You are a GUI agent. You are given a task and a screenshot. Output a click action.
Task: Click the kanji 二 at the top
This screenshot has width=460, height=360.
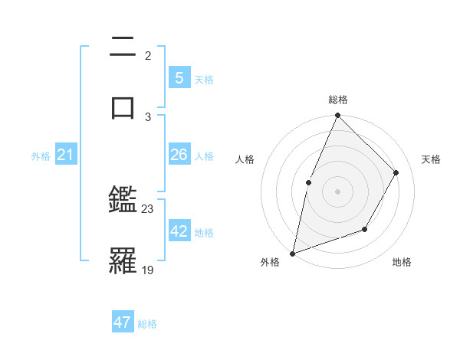tap(123, 47)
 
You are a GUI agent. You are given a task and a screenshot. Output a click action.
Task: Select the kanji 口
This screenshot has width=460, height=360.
tap(123, 106)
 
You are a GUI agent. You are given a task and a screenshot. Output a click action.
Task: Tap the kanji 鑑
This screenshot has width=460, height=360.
tap(123, 201)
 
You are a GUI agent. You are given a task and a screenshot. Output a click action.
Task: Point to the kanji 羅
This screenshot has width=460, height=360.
tap(123, 260)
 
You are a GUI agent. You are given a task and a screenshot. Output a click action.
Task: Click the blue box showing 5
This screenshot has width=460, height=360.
tap(179, 78)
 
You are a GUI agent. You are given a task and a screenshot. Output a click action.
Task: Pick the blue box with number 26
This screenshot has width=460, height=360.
tap(179, 155)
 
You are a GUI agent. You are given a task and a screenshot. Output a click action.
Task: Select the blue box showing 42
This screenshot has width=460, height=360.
tap(179, 231)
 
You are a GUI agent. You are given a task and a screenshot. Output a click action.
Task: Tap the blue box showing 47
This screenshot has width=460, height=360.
tap(123, 322)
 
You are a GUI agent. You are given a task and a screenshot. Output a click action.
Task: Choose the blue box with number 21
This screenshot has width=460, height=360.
tap(65, 155)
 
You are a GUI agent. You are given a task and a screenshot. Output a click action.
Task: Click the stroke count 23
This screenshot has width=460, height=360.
tap(148, 209)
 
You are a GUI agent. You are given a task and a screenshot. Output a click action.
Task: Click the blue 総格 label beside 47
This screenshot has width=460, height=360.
tap(147, 324)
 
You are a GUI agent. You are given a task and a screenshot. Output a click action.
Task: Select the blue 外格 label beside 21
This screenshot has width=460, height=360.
tap(41, 156)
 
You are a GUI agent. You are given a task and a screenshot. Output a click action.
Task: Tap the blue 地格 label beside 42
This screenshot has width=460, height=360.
tap(204, 233)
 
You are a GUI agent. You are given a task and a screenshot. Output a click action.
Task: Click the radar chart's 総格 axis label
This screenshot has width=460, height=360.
tap(338, 100)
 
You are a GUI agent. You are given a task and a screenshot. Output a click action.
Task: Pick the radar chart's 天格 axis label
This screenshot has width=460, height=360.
tap(432, 159)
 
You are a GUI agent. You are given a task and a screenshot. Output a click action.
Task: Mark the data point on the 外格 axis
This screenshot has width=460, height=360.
tap(292, 253)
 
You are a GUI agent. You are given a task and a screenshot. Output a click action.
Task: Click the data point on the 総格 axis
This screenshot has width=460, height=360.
tap(337, 115)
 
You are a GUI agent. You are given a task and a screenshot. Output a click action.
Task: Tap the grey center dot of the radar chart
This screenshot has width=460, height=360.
tap(337, 191)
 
